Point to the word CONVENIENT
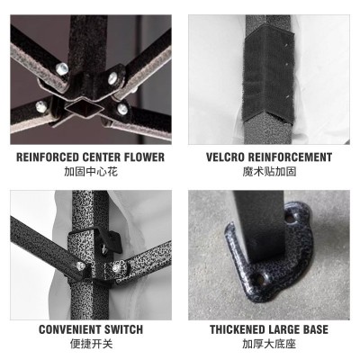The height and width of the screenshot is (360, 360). pos(69,329)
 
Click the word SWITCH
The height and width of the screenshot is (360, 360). pos(123,329)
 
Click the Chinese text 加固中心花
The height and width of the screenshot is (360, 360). pos(91,172)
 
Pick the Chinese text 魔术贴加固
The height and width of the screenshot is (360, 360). pos(269,172)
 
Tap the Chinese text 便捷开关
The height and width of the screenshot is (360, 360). pos(91,344)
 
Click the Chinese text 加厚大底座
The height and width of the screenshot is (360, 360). pos(269,344)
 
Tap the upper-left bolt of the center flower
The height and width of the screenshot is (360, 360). pos(62,69)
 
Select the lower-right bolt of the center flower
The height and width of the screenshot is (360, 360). pos(122,109)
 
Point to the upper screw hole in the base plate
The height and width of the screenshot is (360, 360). pos(290,217)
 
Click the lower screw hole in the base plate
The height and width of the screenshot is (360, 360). pos(260,279)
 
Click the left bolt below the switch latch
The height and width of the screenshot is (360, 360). pos(80,265)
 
